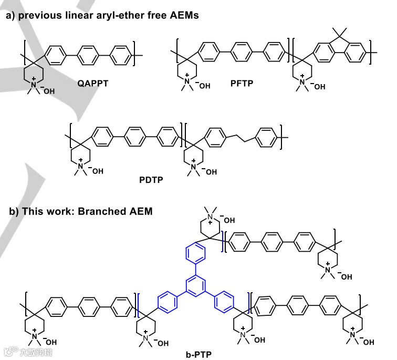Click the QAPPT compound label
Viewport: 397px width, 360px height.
click(93, 83)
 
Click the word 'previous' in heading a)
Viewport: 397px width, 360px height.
click(40, 16)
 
